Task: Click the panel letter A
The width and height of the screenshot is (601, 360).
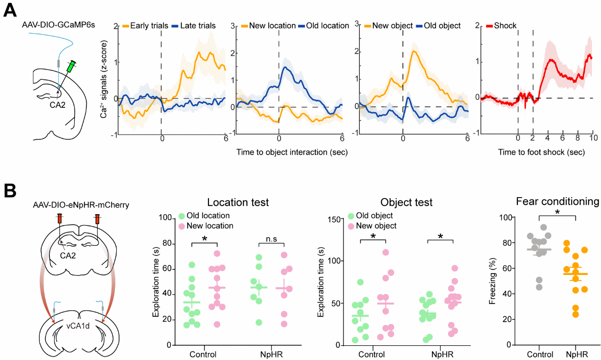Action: [x=10, y=9]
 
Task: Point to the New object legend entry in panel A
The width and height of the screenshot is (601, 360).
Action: [x=389, y=25]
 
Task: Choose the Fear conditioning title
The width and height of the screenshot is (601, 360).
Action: [x=558, y=201]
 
